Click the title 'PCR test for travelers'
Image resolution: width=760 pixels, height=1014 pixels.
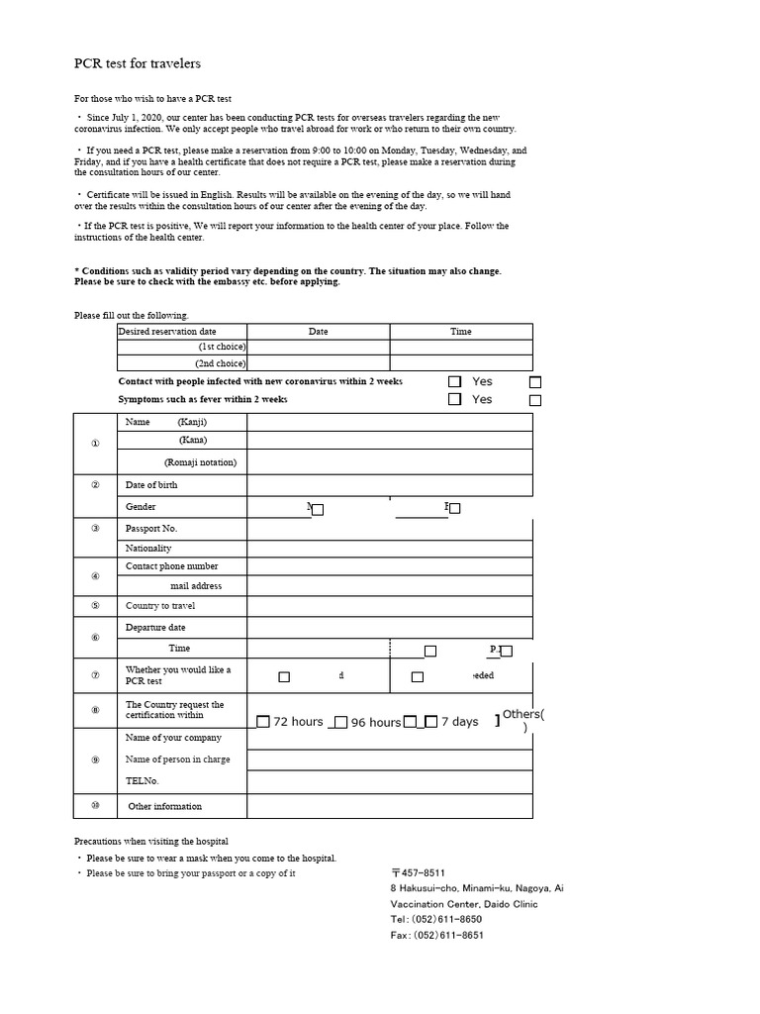point(138,63)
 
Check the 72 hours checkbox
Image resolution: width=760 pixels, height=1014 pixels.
point(263,722)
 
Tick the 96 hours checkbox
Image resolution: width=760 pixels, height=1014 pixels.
point(340,723)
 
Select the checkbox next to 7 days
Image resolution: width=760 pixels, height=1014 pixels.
point(430,722)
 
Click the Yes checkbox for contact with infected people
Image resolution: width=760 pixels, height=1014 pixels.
point(454,381)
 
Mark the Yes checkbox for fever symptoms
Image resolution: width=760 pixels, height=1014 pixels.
point(454,399)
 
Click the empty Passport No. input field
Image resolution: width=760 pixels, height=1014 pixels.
point(389,529)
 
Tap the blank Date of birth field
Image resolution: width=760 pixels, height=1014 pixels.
point(389,485)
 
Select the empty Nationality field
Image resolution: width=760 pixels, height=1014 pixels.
point(389,549)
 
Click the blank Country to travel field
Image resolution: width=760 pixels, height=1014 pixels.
point(389,605)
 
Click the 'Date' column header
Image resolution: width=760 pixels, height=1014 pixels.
point(318,332)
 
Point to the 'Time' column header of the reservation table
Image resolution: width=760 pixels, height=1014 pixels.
point(461,332)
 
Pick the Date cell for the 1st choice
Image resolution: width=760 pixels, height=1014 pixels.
point(318,347)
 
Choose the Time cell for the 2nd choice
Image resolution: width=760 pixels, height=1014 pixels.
point(461,363)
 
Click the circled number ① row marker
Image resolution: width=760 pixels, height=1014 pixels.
point(95,443)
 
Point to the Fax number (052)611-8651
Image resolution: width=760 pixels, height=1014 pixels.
point(436,936)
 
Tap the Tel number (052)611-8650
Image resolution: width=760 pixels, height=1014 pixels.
point(436,920)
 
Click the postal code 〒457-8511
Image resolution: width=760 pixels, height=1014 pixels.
point(418,873)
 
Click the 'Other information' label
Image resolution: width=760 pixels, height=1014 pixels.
point(164,806)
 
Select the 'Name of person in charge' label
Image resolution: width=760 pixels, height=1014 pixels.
point(178,760)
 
